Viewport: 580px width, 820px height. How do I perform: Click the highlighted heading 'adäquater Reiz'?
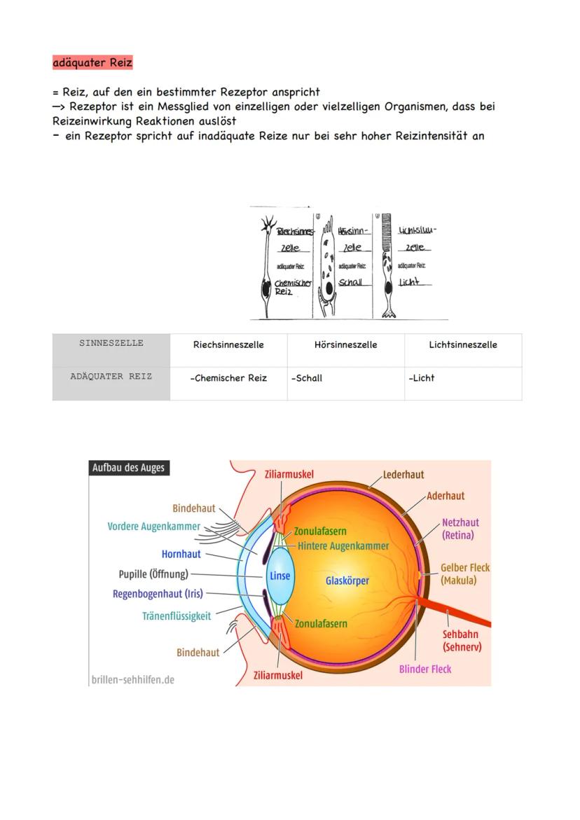(x=92, y=62)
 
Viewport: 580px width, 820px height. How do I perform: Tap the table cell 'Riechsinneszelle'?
(x=228, y=345)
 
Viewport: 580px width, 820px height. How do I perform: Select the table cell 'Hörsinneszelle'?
(x=346, y=345)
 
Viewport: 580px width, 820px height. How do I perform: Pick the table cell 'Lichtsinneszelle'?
(x=463, y=345)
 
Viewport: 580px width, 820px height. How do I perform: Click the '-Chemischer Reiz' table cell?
(x=228, y=378)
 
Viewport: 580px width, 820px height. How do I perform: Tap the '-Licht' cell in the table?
(x=422, y=378)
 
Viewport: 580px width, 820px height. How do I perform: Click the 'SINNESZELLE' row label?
(x=111, y=343)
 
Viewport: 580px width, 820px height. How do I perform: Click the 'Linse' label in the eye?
(x=279, y=576)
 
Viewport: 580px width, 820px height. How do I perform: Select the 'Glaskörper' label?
(x=347, y=581)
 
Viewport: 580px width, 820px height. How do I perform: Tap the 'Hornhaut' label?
(x=181, y=554)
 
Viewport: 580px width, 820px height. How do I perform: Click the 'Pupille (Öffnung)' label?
(x=153, y=574)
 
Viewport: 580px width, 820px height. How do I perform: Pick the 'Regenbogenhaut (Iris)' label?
(x=158, y=594)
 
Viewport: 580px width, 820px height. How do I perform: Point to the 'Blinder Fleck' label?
(x=425, y=669)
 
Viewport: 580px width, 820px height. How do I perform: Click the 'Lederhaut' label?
(x=403, y=474)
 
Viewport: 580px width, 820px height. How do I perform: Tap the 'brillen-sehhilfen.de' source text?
(x=133, y=679)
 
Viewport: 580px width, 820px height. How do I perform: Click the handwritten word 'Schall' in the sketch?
(x=350, y=282)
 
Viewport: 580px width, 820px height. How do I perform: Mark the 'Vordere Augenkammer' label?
(x=153, y=526)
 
